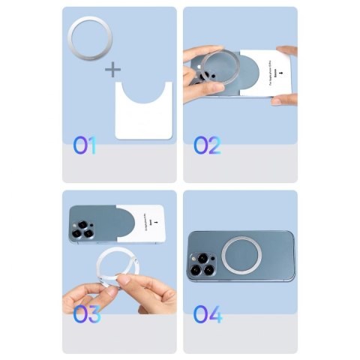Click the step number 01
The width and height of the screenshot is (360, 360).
coord(84,145)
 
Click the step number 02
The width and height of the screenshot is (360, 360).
coord(207,145)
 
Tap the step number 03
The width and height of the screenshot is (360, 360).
coord(85,314)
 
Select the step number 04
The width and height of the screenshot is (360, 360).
coord(207,314)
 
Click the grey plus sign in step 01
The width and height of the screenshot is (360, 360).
coord(112,70)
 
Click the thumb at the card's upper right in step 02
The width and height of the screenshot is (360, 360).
coord(286,52)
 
